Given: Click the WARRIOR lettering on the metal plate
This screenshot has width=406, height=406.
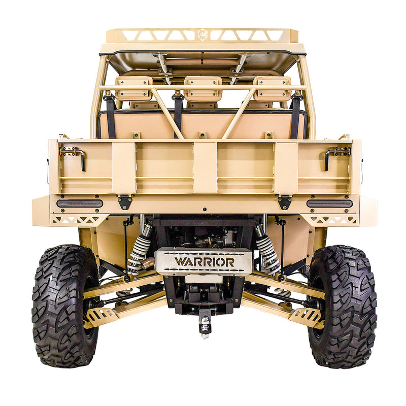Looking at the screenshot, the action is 205,262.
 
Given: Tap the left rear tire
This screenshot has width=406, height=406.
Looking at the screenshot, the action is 65,306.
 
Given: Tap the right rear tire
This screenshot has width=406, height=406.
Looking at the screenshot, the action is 342,306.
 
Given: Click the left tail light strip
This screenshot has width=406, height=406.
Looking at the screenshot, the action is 80,204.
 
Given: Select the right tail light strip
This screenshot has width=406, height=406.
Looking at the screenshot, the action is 329,204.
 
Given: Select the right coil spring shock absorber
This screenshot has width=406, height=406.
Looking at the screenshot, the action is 267,249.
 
